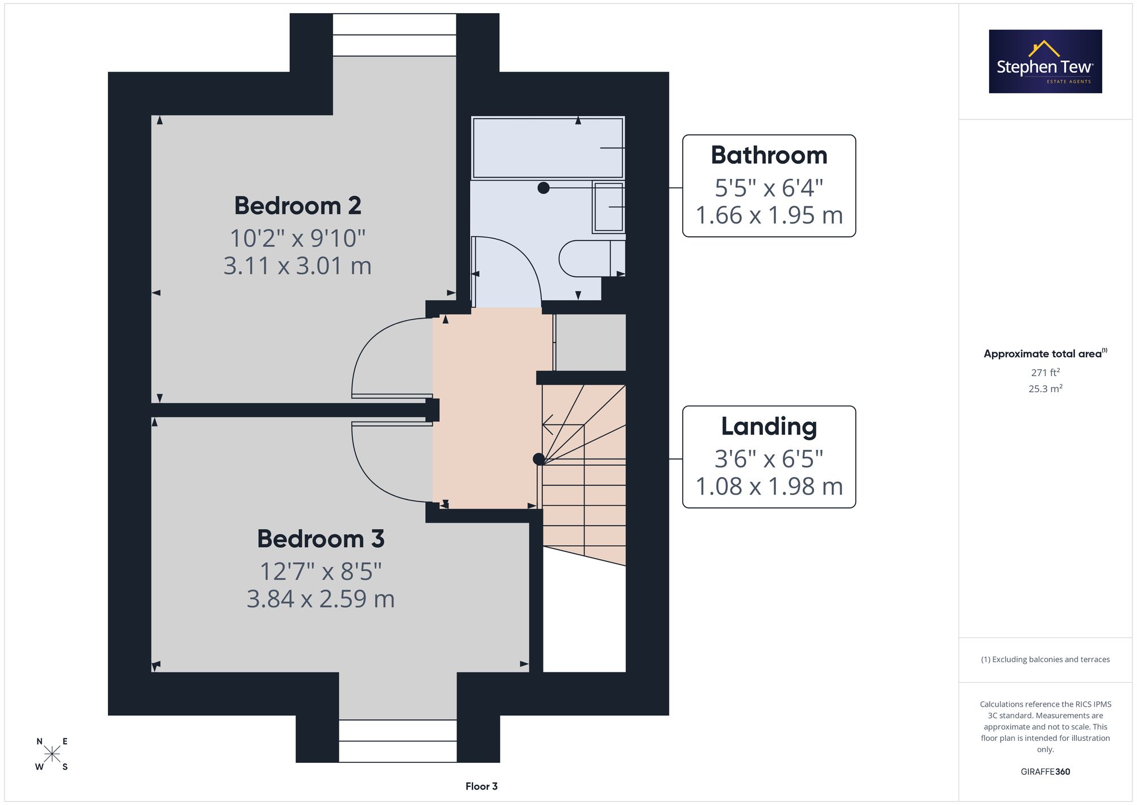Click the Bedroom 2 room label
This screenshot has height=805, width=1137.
pyautogui.click(x=297, y=205)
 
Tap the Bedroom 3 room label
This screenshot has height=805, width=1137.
pyautogui.click(x=321, y=539)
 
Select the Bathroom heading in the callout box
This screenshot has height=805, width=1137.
pyautogui.click(x=769, y=155)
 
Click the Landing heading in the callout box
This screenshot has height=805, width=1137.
pyautogui.click(x=769, y=427)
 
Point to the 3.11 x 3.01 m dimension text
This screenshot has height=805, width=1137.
pyautogui.click(x=297, y=266)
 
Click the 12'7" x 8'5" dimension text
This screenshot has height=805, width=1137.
pyautogui.click(x=321, y=571)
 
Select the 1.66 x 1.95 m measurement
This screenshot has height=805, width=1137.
pyautogui.click(x=769, y=215)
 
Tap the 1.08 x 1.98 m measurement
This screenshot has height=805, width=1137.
pyautogui.click(x=769, y=486)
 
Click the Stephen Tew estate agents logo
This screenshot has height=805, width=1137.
pyautogui.click(x=1045, y=61)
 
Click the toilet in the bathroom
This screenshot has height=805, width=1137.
pyautogui.click(x=592, y=258)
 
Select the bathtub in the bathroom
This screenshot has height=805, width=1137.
pyautogui.click(x=548, y=148)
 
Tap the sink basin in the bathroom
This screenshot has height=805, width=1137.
pyautogui.click(x=608, y=207)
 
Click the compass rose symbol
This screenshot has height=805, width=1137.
pyautogui.click(x=52, y=754)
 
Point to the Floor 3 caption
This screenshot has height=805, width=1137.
pyautogui.click(x=482, y=786)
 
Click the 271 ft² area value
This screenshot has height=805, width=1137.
pyautogui.click(x=1045, y=372)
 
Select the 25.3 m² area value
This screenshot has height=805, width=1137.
pyautogui.click(x=1045, y=389)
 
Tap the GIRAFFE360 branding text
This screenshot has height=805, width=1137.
pyautogui.click(x=1045, y=772)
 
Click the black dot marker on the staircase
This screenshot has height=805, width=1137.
pyautogui.click(x=538, y=459)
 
